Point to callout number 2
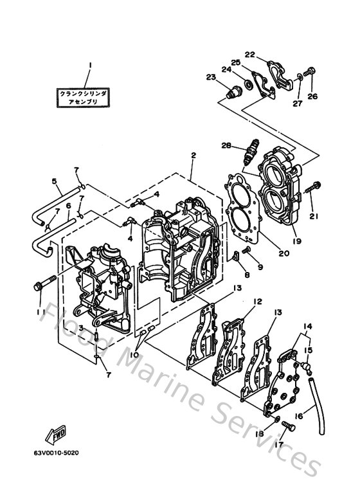coord(192,156)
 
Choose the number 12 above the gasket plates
coord(257,301)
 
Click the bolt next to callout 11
coord(42,283)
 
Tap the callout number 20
coord(283,253)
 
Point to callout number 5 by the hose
coord(55,182)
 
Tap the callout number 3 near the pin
coord(81,328)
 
